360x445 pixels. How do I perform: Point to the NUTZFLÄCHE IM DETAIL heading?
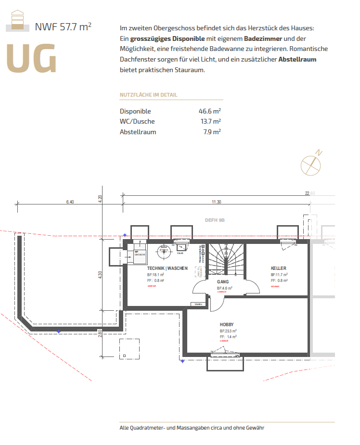tap(148, 95)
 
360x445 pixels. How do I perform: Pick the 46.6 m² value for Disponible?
tap(210, 111)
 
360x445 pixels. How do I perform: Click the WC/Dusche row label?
tap(137, 121)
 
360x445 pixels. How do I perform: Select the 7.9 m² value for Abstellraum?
tap(212, 132)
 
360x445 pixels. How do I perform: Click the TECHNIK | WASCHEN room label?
tap(167, 268)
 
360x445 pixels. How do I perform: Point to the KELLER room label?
tap(279, 268)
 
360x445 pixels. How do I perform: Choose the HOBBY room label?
tap(227, 324)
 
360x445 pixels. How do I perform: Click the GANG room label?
tap(223, 282)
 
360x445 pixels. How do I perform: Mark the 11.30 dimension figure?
tap(217, 202)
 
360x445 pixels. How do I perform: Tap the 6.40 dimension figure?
tap(70, 202)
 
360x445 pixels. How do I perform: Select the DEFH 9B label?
tap(215, 220)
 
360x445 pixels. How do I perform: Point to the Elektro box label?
tap(197, 304)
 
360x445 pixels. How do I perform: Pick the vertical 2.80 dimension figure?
tap(100, 333)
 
